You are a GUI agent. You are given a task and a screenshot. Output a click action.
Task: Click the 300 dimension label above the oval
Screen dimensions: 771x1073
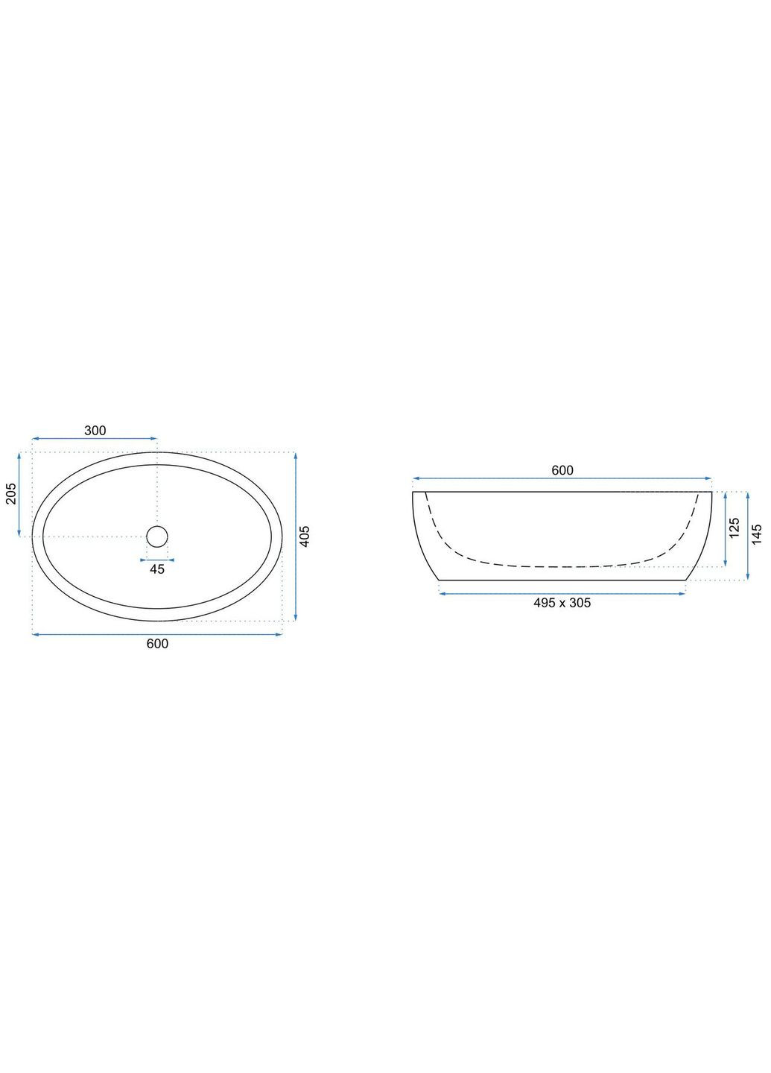point(95,431)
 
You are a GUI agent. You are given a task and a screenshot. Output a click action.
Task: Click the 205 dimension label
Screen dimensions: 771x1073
point(11,493)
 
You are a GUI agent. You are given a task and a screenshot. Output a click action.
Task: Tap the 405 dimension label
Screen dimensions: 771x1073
point(306,536)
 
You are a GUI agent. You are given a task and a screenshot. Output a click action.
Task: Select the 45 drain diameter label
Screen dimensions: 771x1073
point(157,569)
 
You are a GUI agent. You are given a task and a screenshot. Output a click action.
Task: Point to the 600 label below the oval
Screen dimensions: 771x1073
point(157,644)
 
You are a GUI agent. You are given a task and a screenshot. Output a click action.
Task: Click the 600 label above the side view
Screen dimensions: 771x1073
point(562,470)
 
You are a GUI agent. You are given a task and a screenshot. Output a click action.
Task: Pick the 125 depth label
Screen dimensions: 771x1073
point(734,528)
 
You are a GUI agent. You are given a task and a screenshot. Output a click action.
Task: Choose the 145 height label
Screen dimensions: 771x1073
point(757,534)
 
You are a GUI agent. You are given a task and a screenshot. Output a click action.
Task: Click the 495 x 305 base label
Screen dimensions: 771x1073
point(562,603)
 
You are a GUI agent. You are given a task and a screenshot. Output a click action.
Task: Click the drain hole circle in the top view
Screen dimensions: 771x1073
point(157,536)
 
